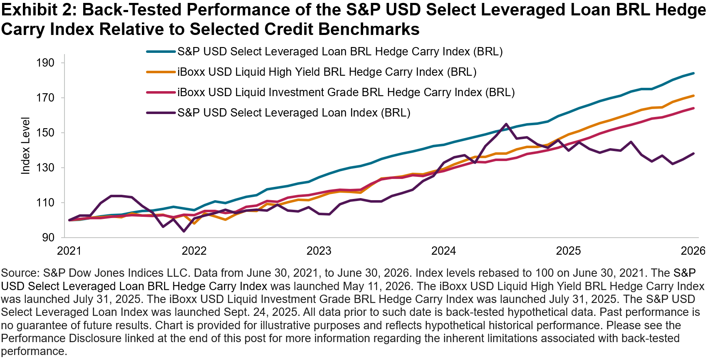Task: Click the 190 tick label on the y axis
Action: pos(46,63)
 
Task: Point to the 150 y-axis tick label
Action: pos(46,133)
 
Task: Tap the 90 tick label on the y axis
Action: pos(49,238)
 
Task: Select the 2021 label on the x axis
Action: pos(69,251)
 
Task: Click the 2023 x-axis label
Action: pos(319,251)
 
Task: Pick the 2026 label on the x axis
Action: pos(693,251)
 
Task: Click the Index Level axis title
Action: pos(25,146)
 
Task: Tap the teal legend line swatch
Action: pos(161,52)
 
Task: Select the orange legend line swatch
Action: pos(161,72)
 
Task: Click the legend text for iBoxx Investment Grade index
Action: pos(346,92)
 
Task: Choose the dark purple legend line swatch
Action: pos(161,113)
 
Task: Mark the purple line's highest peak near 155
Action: pos(506,124)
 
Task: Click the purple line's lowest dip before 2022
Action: pos(183,231)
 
